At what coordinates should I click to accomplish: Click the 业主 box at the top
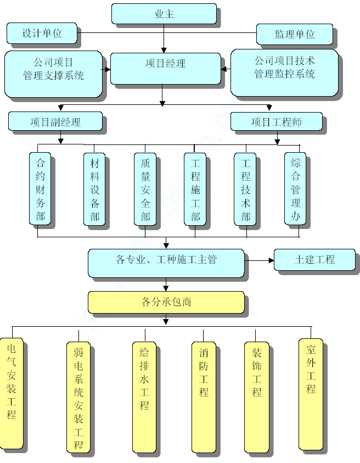click(x=164, y=14)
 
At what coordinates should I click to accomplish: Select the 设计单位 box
click(x=42, y=33)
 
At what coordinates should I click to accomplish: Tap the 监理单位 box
click(x=295, y=34)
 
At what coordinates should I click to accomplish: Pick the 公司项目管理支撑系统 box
click(x=53, y=74)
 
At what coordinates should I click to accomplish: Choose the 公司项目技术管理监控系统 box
click(x=284, y=72)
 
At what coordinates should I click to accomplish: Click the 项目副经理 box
click(x=55, y=121)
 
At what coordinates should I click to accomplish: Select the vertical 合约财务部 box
click(x=40, y=188)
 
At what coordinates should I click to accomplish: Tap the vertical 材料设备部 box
click(x=94, y=188)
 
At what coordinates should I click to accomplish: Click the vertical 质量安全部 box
click(x=145, y=188)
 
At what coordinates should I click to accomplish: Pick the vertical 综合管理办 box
click(x=295, y=188)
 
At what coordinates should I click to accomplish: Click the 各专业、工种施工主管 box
click(x=166, y=262)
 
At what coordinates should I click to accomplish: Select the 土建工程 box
click(x=314, y=259)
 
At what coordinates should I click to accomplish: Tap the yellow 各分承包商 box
click(x=166, y=302)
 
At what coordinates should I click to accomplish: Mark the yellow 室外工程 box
click(x=311, y=393)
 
